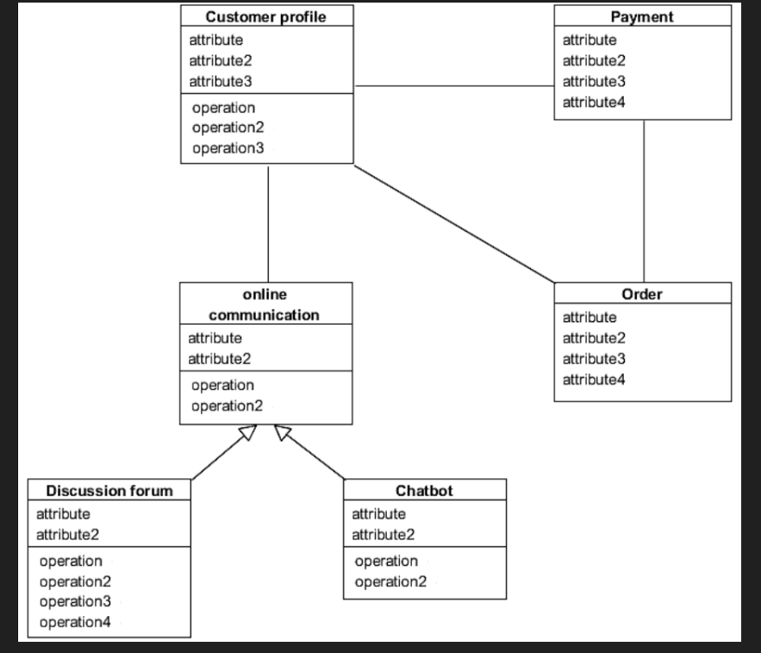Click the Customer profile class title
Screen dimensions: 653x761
coord(267,17)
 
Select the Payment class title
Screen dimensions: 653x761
coord(642,17)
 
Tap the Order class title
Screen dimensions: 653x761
coord(642,295)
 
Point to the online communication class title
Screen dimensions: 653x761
coord(265,305)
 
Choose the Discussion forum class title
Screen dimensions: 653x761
coord(109,491)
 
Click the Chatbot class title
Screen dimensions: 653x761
coord(424,491)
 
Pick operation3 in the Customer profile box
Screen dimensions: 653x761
coord(228,148)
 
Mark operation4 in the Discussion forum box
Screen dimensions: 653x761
coord(75,621)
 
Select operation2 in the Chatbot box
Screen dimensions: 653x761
coord(390,581)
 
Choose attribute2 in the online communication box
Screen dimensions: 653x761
coord(215,358)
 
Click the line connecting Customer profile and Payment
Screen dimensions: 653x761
coord(453,86)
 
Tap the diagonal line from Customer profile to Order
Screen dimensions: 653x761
coord(453,223)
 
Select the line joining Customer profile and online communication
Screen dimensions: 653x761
coord(269,224)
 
